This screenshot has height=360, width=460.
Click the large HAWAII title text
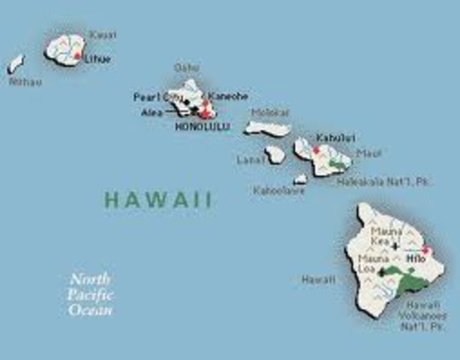pyautogui.click(x=158, y=199)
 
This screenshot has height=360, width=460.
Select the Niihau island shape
pyautogui.click(x=16, y=64)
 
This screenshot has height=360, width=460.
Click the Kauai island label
pyautogui.click(x=103, y=34)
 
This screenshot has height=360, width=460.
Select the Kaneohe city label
pyautogui.click(x=228, y=97)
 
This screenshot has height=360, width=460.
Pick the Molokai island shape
pyautogui.click(x=266, y=129)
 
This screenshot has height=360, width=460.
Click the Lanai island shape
pyautogui.click(x=275, y=154)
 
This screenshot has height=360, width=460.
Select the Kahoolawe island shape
pyautogui.click(x=300, y=179)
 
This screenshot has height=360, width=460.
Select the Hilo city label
pyautogui.click(x=415, y=258)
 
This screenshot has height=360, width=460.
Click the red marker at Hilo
pyautogui.click(x=425, y=250)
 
